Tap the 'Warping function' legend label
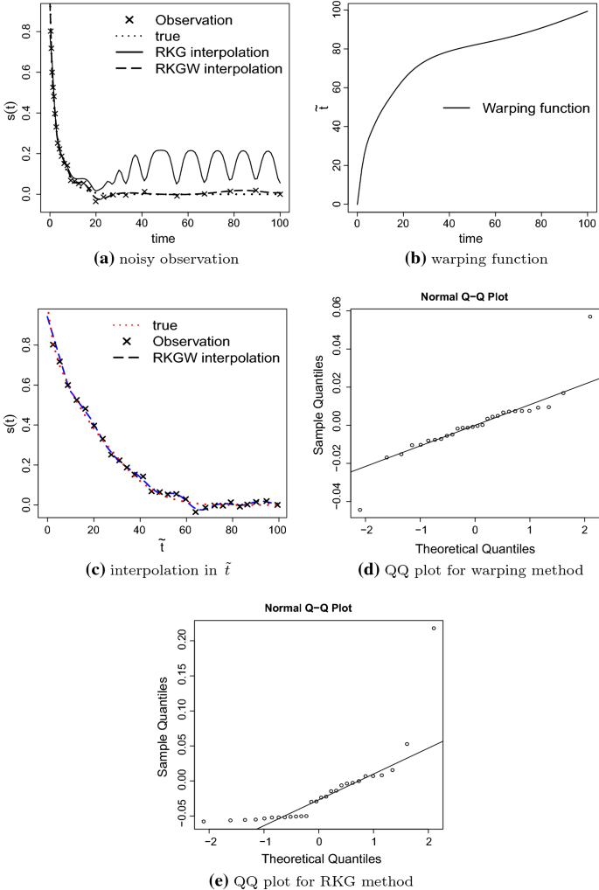point(528,109)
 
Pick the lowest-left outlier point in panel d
point(360,510)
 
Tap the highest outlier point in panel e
point(434,628)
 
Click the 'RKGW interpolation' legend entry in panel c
point(214,358)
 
